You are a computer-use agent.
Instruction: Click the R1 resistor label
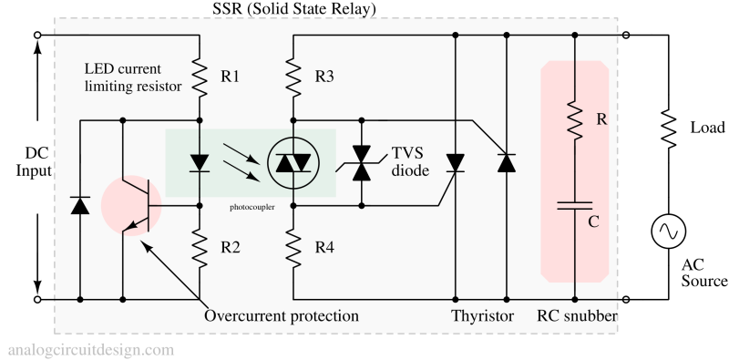pos(230,77)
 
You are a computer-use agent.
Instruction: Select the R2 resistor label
pos(230,246)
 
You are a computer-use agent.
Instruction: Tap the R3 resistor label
pos(324,77)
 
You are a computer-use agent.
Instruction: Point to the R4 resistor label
pos(324,246)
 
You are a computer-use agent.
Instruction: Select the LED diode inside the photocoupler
pos(200,163)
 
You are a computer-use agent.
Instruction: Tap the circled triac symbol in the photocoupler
pos(293,163)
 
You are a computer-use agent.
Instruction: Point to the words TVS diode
pos(410,160)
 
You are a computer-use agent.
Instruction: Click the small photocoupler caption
pos(252,207)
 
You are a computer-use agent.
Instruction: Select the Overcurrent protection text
pos(281,316)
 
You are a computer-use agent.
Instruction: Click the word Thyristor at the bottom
pos(482,316)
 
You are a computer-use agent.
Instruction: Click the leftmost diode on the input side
pos(80,206)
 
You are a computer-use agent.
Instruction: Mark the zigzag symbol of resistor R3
pos(293,77)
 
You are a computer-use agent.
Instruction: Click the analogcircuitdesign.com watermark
pos(90,349)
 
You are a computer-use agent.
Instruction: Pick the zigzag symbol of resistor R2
pos(200,246)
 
